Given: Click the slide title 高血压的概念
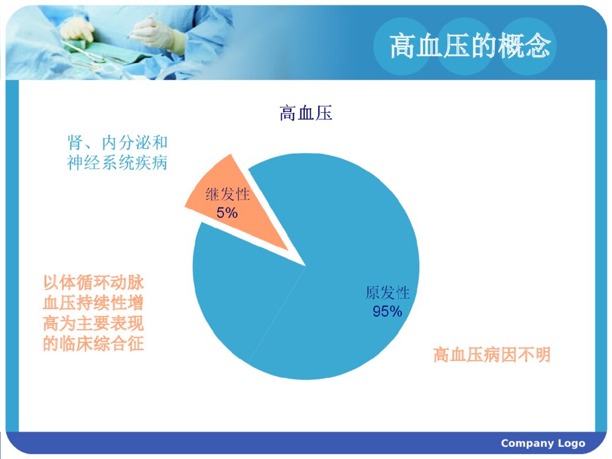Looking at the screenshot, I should pyautogui.click(x=470, y=46).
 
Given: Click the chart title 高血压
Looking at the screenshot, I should pyautogui.click(x=306, y=113).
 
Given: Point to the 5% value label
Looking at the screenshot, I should pyautogui.click(x=227, y=213).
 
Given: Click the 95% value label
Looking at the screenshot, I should pyautogui.click(x=387, y=312).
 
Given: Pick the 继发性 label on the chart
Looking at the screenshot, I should pyautogui.click(x=228, y=195).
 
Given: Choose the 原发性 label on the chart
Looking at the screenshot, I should pyautogui.click(x=387, y=293).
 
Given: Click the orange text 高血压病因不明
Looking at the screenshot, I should pyautogui.click(x=492, y=355).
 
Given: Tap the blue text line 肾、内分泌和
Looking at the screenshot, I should pyautogui.click(x=117, y=144).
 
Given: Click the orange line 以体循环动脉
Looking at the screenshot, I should pyautogui.click(x=93, y=283).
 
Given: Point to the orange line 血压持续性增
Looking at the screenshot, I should pyautogui.click(x=93, y=304).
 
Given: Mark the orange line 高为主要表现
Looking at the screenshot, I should pyautogui.click(x=93, y=324).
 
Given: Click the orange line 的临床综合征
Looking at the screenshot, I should pyautogui.click(x=93, y=344).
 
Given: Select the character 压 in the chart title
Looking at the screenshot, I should pyautogui.click(x=324, y=113).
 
